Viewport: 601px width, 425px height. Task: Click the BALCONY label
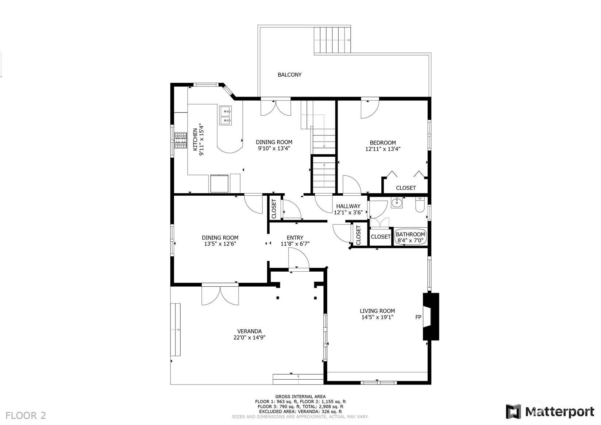(x=289, y=74)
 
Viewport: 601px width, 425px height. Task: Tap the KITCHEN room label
(x=195, y=139)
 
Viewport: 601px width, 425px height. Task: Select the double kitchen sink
(x=226, y=115)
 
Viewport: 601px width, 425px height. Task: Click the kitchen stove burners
(x=181, y=140)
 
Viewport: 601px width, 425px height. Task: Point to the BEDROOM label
(x=382, y=142)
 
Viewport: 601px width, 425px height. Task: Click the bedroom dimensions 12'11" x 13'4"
(x=382, y=149)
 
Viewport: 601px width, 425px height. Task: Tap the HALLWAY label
(x=348, y=206)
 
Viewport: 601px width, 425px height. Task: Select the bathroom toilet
(x=420, y=204)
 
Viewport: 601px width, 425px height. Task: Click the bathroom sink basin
(x=397, y=203)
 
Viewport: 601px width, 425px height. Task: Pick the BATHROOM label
(x=410, y=234)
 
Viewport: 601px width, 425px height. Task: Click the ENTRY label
(x=295, y=238)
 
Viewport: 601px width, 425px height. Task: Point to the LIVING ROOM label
(x=377, y=311)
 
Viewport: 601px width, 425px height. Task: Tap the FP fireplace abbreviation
(x=418, y=317)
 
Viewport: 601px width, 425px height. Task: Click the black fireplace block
(x=431, y=317)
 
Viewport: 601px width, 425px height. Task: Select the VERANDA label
(x=249, y=331)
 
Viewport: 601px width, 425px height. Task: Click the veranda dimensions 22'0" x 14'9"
(x=249, y=337)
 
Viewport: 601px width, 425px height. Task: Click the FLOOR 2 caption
(x=26, y=416)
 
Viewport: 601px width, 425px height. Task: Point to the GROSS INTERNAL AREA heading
(x=300, y=397)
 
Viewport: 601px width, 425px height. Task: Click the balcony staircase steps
(x=332, y=40)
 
